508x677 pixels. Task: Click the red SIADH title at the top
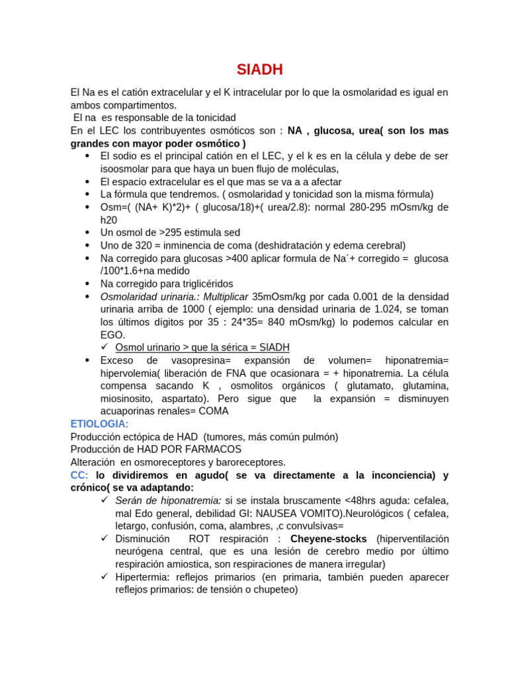click(260, 69)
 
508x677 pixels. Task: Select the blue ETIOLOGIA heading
click(99, 424)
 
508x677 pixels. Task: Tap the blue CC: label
click(79, 475)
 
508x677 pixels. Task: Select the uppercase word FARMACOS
click(212, 450)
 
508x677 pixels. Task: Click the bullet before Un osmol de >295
click(88, 233)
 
